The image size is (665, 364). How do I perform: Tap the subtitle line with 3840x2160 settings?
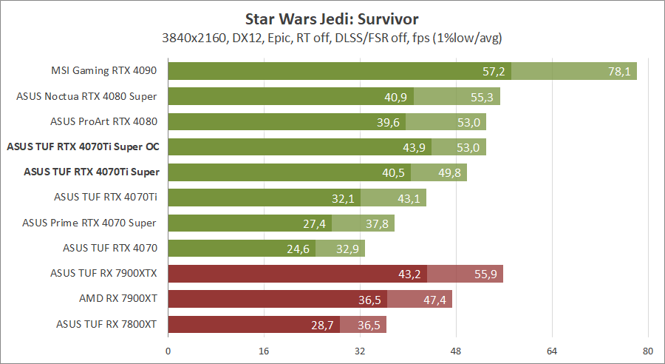click(x=332, y=36)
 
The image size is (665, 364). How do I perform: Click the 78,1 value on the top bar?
click(x=618, y=71)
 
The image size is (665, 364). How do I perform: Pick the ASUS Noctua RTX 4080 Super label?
click(x=87, y=96)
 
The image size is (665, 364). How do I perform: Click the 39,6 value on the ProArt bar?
click(x=387, y=122)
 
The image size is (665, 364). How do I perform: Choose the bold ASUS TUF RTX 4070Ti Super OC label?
click(x=83, y=146)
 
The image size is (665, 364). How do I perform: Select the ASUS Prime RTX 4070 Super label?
click(x=89, y=223)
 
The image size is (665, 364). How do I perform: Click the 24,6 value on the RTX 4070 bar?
click(x=297, y=249)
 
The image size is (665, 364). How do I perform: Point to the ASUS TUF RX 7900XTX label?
click(x=104, y=273)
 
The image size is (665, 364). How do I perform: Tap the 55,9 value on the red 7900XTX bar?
click(x=485, y=274)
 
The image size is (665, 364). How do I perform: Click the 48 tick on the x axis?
click(x=456, y=351)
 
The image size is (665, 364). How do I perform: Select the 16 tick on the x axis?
click(x=264, y=351)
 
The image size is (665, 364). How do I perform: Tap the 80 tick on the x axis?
click(x=648, y=351)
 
